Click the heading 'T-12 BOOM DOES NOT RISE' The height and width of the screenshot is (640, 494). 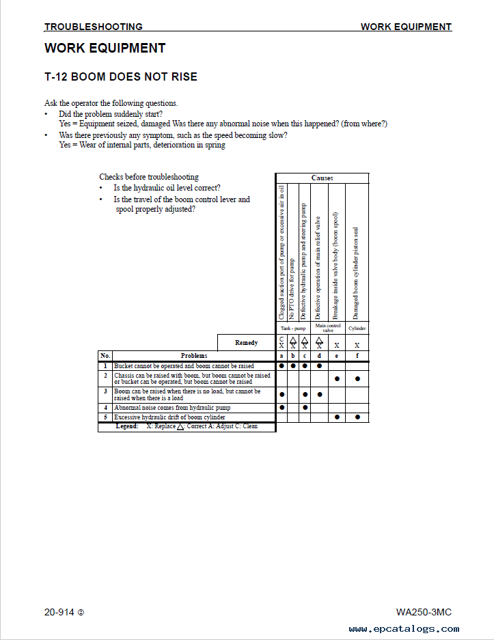tap(121, 77)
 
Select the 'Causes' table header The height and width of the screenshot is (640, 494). tap(322, 178)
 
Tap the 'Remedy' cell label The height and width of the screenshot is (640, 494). tap(246, 342)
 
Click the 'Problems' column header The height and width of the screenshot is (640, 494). tap(194, 356)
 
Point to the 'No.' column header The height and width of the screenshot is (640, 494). tap(105, 356)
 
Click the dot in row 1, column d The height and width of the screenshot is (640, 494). tap(319, 366)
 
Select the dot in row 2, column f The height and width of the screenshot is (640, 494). tap(357, 378)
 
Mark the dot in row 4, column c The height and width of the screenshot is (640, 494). tap(305, 408)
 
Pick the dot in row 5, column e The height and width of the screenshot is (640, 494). tap(337, 417)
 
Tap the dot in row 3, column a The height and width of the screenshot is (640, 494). tap(282, 394)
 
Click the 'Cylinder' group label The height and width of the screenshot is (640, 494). tap(357, 329)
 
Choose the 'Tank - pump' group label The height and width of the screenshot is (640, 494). tap(293, 329)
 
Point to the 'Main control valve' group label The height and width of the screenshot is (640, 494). tap(328, 328)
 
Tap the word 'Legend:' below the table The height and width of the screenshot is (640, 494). tap(127, 426)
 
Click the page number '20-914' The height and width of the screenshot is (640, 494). tap(59, 612)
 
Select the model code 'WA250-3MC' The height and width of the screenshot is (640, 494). tap(423, 612)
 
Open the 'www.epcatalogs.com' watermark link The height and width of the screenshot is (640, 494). tap(404, 629)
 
